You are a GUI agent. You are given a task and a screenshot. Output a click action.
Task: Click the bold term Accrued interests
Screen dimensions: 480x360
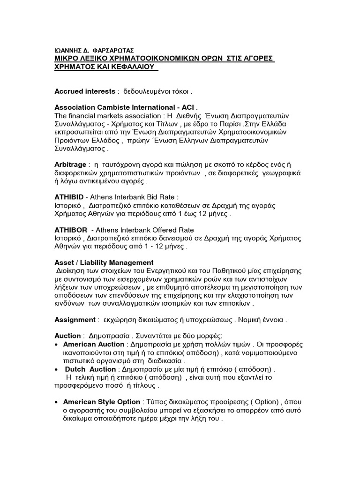pyautogui.click(x=85, y=91)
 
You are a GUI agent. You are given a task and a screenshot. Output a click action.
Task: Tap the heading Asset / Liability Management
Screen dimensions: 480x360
pyautogui.click(x=104, y=262)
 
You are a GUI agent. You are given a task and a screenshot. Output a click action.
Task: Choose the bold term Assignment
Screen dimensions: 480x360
pyautogui.click(x=75, y=320)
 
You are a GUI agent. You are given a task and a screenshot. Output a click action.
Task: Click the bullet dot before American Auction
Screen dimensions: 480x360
pyautogui.click(x=57, y=345)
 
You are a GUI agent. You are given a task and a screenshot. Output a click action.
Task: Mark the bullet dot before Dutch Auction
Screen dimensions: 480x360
pyautogui.click(x=57, y=369)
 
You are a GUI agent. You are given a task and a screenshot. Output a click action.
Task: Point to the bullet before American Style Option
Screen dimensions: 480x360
pyautogui.click(x=57, y=402)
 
